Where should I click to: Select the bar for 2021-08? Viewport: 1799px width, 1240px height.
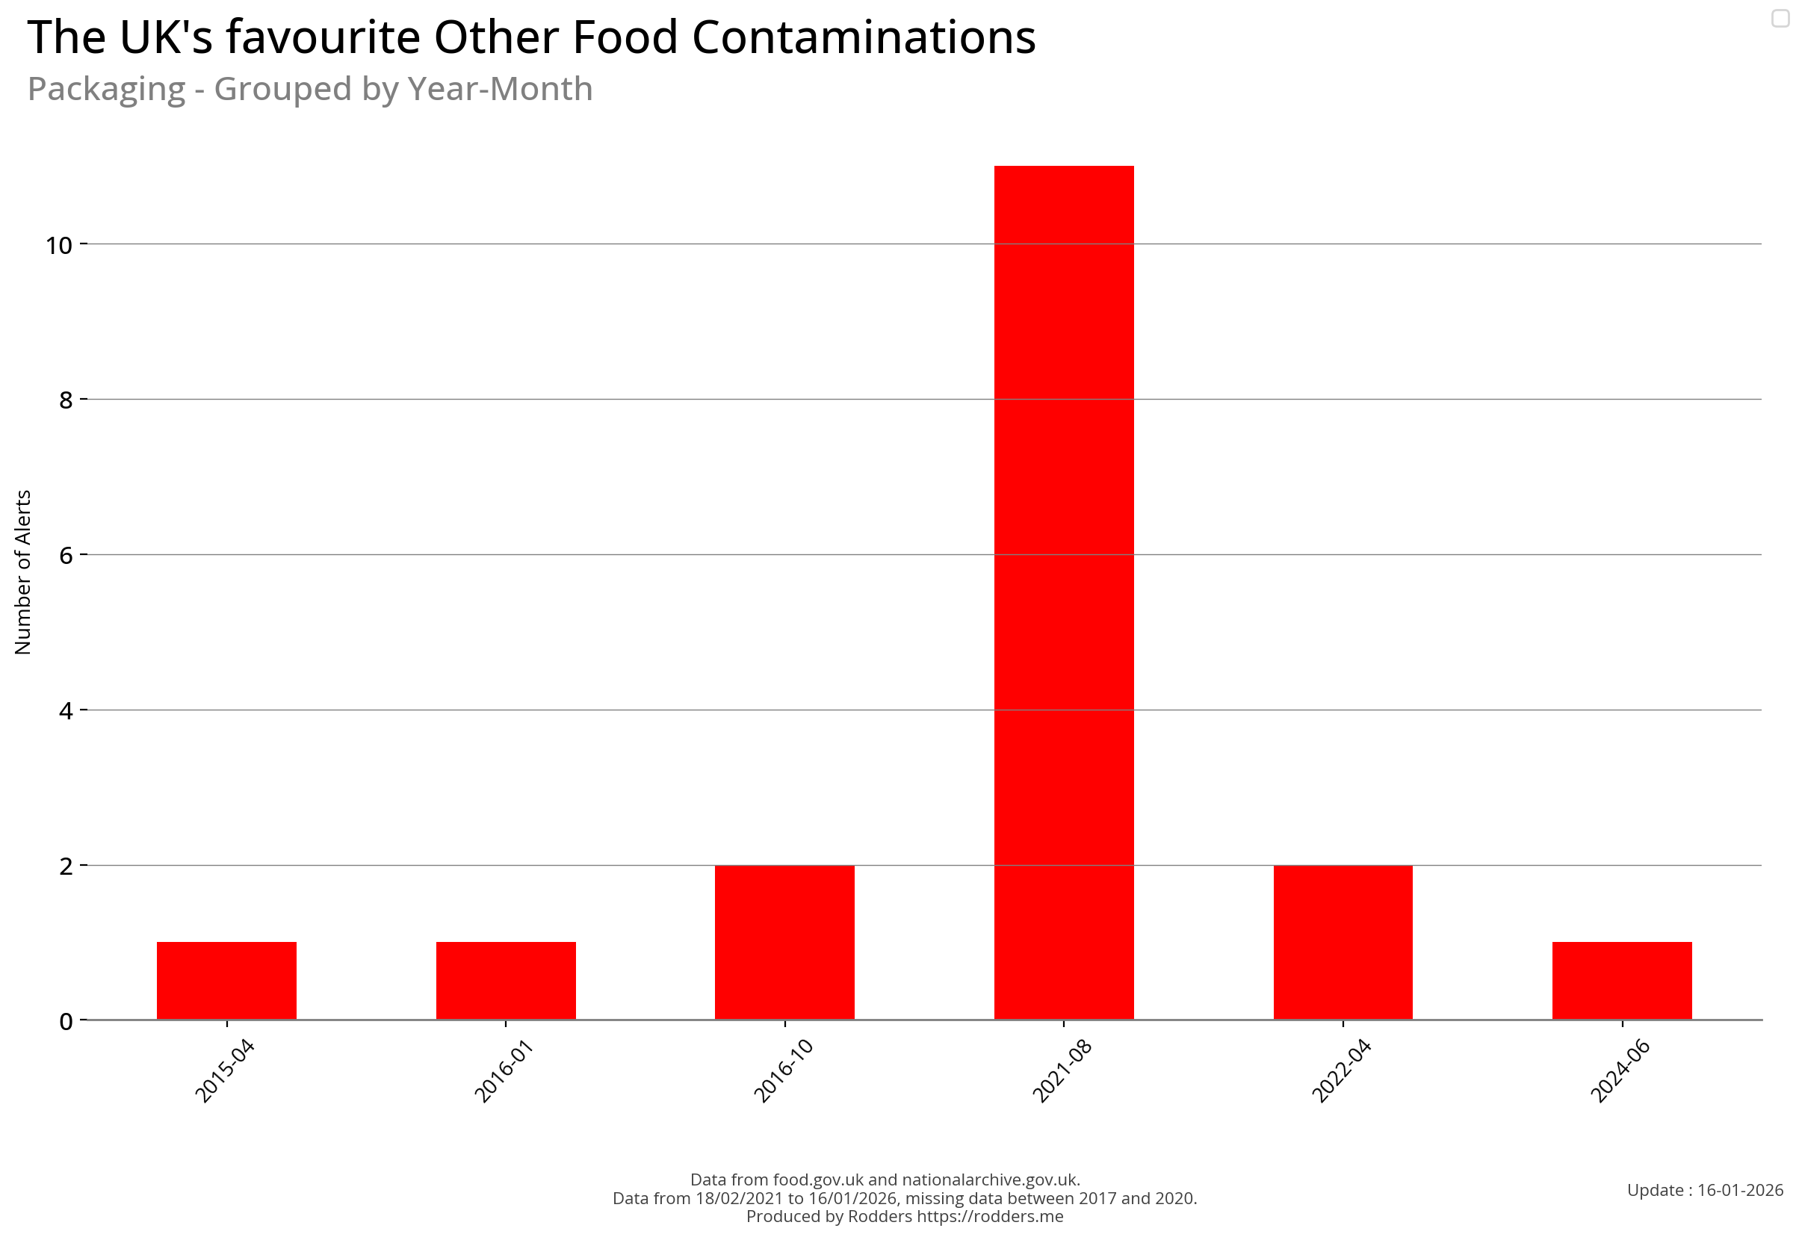1063,592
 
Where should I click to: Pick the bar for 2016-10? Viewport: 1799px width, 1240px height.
784,942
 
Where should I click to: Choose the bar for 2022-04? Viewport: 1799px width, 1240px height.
1342,942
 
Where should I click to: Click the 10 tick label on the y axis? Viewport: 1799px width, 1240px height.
58,246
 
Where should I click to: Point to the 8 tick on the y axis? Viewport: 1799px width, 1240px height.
65,400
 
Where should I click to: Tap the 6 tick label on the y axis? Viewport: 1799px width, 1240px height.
65,556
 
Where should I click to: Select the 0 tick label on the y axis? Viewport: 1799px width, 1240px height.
65,1022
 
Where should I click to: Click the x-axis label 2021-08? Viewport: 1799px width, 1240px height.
1062,1070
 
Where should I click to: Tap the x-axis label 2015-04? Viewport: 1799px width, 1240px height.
225,1070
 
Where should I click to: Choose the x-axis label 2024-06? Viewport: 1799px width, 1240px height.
1620,1070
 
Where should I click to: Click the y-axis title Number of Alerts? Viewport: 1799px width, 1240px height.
22,572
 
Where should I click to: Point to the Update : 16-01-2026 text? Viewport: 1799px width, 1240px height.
1704,1189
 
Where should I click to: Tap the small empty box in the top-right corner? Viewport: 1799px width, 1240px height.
1780,18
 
